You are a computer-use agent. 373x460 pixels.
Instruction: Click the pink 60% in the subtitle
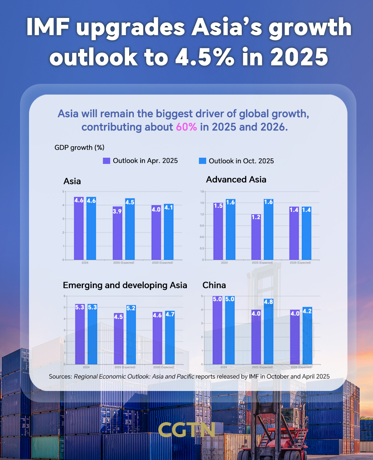pyautogui.click(x=186, y=127)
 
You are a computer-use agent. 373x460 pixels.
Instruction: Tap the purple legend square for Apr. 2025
pyautogui.click(x=106, y=161)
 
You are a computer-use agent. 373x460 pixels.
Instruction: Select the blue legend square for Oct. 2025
pyautogui.click(x=202, y=161)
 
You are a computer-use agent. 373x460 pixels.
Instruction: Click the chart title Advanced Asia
pyautogui.click(x=236, y=179)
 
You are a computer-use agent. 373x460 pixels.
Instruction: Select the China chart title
pyautogui.click(x=214, y=285)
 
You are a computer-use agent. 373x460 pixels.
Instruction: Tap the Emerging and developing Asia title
pyautogui.click(x=125, y=285)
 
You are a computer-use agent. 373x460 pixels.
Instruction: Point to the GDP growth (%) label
pyautogui.click(x=79, y=148)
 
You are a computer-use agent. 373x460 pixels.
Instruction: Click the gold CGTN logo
pyautogui.click(x=186, y=430)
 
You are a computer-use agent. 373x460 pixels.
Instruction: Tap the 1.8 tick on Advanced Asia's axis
pyautogui.click(x=202, y=192)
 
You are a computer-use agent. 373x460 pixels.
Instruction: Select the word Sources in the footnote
pyautogui.click(x=60, y=376)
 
